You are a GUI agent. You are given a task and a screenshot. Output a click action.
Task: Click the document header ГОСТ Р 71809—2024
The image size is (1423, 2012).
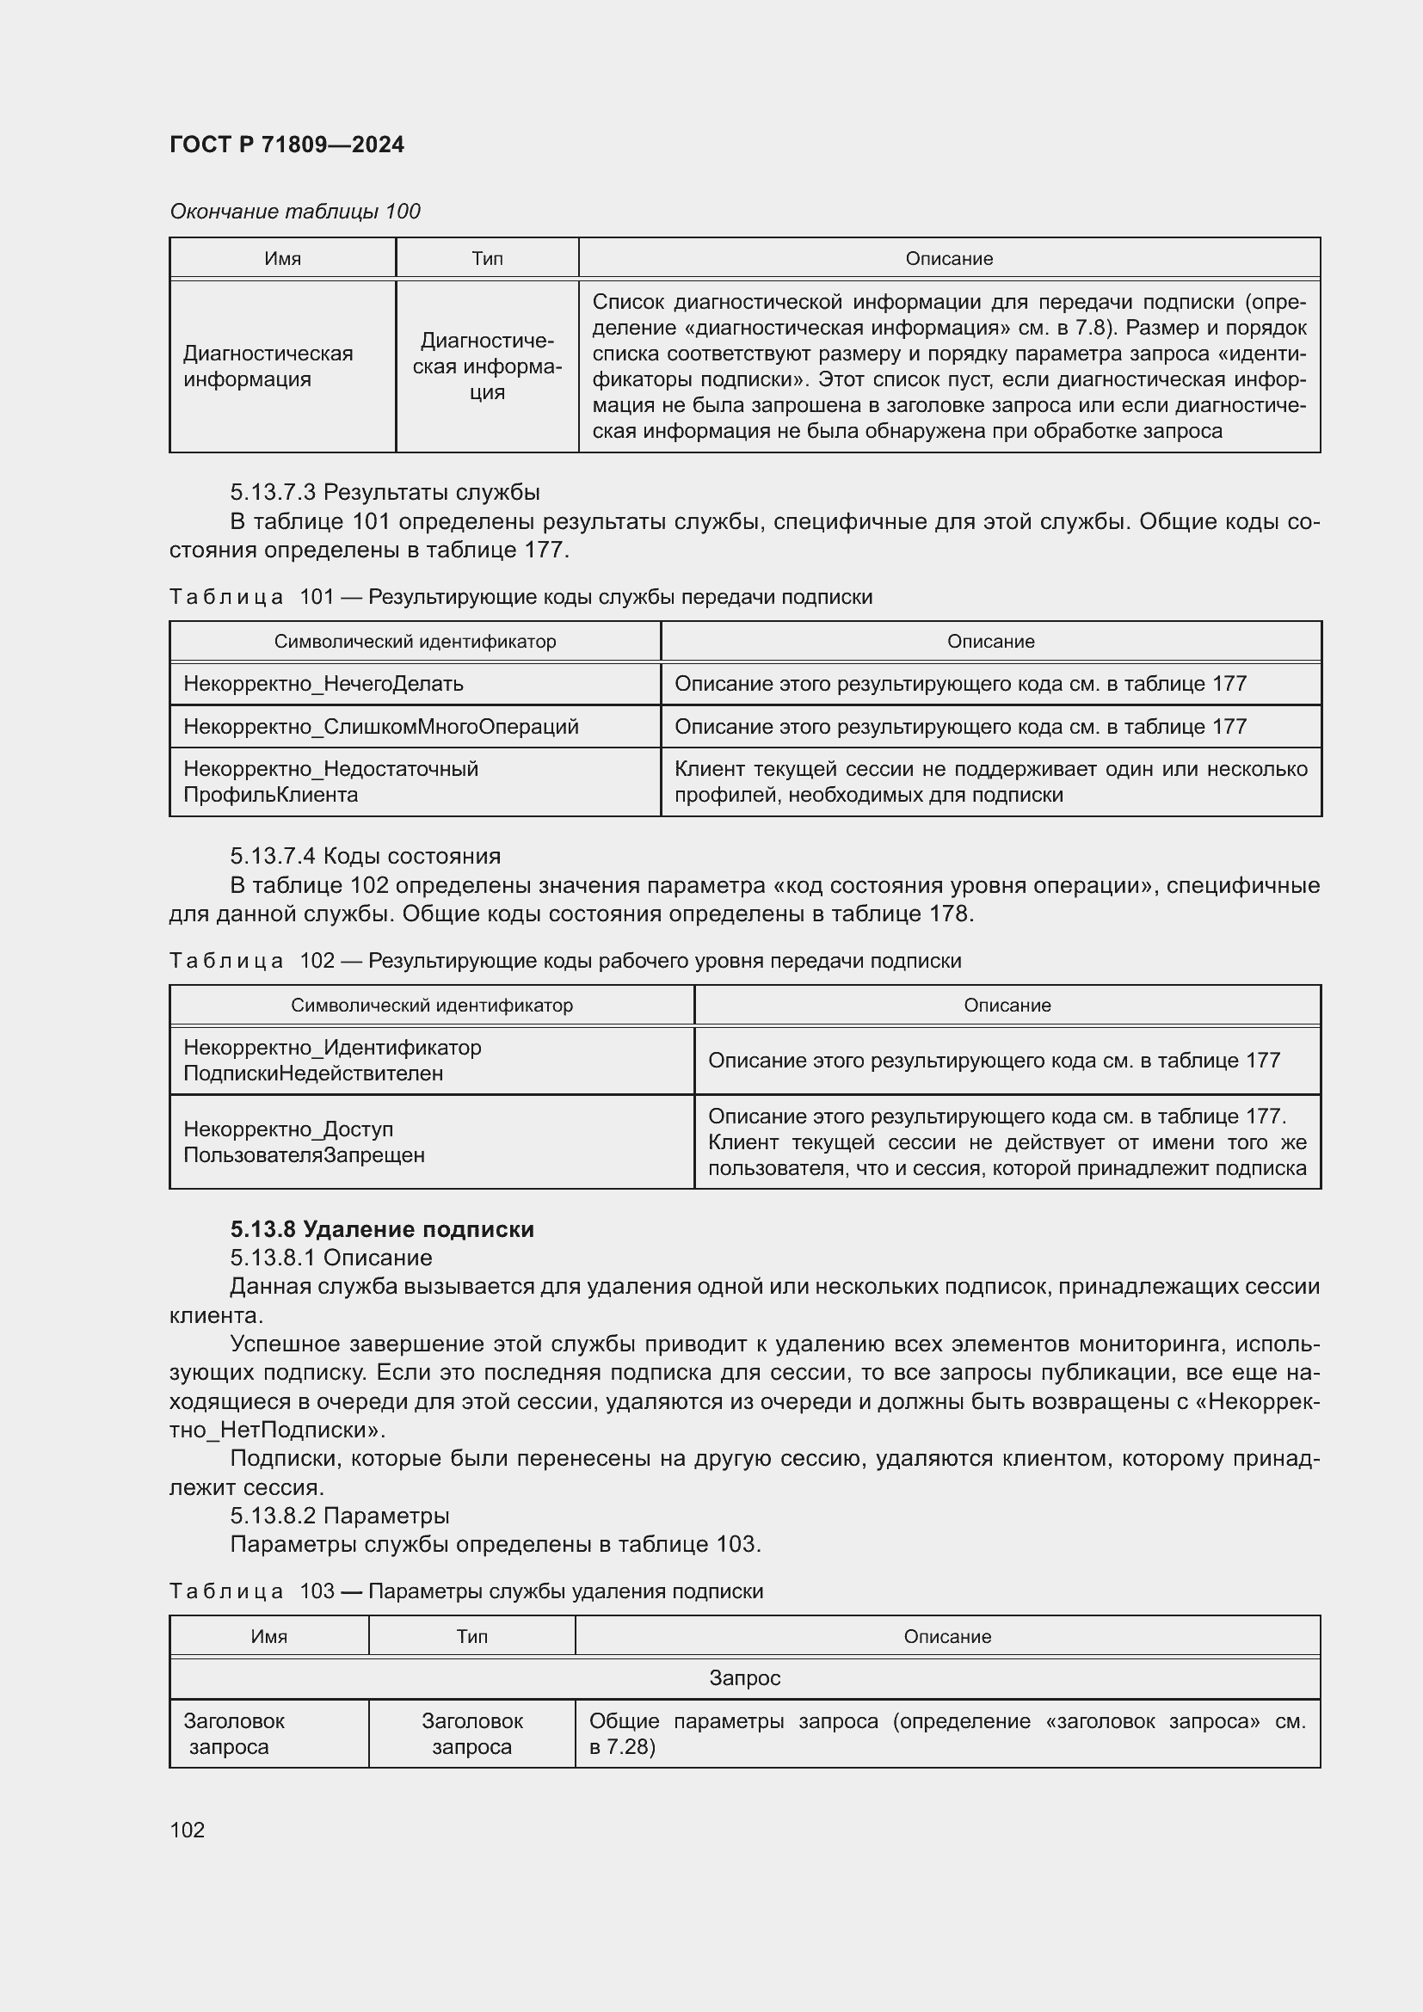[286, 145]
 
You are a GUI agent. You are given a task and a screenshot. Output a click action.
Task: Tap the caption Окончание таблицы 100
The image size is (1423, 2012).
[294, 212]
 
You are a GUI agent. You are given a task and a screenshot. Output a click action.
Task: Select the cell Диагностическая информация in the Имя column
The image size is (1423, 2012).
[268, 366]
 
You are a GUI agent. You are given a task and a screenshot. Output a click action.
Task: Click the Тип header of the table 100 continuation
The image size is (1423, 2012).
[487, 259]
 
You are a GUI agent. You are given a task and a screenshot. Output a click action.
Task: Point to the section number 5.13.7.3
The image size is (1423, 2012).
[274, 492]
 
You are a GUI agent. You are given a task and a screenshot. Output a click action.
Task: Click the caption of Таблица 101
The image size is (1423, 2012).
[521, 597]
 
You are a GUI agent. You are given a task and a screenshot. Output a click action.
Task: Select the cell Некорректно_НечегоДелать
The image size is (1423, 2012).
[323, 684]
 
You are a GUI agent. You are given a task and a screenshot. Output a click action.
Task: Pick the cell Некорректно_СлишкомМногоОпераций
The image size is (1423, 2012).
[381, 727]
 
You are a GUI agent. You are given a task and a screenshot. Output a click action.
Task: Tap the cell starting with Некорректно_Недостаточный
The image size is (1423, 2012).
[330, 782]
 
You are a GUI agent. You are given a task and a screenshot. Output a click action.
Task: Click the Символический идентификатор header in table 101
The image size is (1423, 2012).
[415, 642]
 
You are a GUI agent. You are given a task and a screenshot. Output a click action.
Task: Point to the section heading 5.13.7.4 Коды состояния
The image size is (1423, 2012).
[366, 856]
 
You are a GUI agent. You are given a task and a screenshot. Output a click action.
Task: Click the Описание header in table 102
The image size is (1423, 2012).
[1007, 1005]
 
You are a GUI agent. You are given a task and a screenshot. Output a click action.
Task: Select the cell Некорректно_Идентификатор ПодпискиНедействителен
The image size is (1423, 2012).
[332, 1061]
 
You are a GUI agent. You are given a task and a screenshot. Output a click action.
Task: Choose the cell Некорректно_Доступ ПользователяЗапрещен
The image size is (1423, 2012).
[304, 1141]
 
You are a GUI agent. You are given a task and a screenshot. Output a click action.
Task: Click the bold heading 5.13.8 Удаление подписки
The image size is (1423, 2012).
[382, 1228]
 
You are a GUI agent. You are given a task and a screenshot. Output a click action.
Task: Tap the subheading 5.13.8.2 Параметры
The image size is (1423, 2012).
[340, 1515]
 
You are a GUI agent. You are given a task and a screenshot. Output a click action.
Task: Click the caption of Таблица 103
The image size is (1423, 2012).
[466, 1591]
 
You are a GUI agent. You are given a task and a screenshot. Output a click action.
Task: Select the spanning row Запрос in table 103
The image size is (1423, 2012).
[744, 1678]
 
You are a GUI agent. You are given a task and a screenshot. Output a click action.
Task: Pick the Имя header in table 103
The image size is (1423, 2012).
[269, 1636]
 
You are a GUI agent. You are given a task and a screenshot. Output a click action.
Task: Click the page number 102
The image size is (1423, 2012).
[188, 1830]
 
